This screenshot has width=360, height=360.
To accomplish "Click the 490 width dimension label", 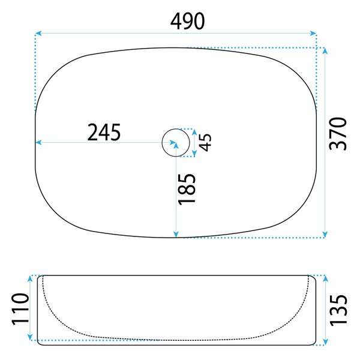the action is point(187,21).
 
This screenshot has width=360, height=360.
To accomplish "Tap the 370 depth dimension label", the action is point(338,134).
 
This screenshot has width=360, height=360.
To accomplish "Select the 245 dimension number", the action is point(104,132).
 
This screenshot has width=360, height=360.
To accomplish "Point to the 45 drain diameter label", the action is point(205,142).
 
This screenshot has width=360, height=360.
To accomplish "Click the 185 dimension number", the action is point(187,189).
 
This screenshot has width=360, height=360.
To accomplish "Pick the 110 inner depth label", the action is point(20,309).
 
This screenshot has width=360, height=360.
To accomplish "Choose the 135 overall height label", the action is point(338,310).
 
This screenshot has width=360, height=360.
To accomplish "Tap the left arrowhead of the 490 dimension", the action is point(38,33).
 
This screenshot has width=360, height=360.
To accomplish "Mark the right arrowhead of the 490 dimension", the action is point(313,33).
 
